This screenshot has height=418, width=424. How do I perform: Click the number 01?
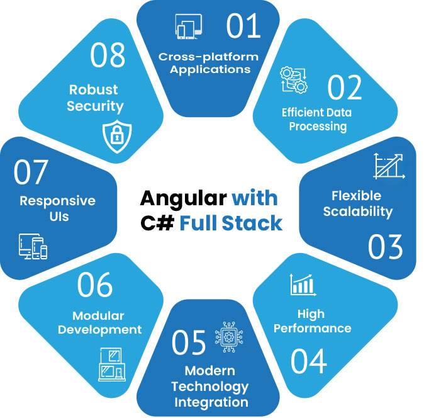[x=243, y=26]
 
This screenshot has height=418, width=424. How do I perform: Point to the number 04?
[x=309, y=361]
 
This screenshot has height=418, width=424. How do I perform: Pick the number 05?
[x=189, y=341]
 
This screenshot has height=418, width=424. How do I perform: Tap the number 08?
[x=110, y=56]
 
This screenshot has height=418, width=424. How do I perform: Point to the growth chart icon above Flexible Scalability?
[x=388, y=166]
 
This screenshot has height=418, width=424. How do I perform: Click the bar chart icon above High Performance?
[x=303, y=285]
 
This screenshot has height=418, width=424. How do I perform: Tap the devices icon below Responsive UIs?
[x=33, y=247]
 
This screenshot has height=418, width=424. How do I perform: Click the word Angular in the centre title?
[x=182, y=198]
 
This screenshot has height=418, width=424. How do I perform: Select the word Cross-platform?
[x=208, y=57]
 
